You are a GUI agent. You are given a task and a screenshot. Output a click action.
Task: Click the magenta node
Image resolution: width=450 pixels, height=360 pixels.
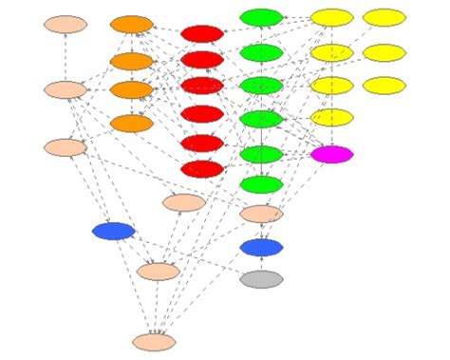tap(331, 154)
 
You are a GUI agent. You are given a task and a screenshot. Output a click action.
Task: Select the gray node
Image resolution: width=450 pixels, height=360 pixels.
tap(261, 279)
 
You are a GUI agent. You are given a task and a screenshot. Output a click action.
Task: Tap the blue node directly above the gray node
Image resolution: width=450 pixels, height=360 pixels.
tap(261, 248)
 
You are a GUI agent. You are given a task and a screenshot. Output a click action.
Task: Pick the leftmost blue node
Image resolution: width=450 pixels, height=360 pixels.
tap(114, 231)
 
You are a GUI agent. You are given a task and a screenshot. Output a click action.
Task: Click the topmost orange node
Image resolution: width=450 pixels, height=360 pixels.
tap(132, 25)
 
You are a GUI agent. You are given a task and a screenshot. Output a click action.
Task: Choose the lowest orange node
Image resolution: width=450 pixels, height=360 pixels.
tap(132, 123)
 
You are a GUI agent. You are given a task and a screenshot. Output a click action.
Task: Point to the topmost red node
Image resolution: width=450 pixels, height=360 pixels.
tap(201, 34)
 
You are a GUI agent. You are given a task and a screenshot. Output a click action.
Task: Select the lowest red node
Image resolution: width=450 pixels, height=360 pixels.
tap(201, 169)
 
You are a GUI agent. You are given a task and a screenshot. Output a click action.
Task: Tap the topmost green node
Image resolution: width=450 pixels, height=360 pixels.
tap(261, 17)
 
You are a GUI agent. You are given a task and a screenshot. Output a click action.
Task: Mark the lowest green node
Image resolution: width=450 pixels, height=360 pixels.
tap(261, 184)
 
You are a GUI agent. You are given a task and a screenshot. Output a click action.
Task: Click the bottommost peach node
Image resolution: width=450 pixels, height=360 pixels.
tap(154, 342)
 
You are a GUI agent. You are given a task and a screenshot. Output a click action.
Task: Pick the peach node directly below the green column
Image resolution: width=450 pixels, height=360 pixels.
tap(261, 214)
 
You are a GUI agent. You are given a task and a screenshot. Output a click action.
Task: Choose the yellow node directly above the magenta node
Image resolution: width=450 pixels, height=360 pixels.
tap(331, 118)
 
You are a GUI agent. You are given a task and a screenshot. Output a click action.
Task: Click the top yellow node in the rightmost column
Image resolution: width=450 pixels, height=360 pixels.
tap(384, 17)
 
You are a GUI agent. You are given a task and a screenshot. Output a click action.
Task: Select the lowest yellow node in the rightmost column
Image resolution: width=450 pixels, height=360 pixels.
tap(384, 85)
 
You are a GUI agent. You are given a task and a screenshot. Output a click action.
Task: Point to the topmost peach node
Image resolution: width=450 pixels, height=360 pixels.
tap(66, 24)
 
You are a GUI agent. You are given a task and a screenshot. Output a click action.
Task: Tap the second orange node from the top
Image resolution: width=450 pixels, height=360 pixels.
tap(132, 62)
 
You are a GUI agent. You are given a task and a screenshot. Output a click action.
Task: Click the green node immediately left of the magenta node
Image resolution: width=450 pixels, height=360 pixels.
tap(261, 154)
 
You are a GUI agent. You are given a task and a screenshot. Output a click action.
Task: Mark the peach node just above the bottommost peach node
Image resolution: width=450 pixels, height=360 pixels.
tap(158, 272)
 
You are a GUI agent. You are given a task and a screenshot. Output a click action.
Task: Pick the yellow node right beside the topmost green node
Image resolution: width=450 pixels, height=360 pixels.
tap(331, 17)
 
